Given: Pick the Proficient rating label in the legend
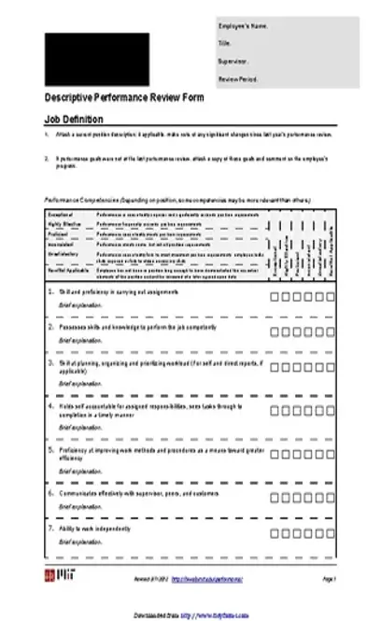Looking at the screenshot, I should point(59,233).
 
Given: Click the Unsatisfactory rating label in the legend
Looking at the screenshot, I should point(64,253).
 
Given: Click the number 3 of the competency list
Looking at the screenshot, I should point(49,360).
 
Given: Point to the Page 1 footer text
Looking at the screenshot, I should point(329,580).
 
